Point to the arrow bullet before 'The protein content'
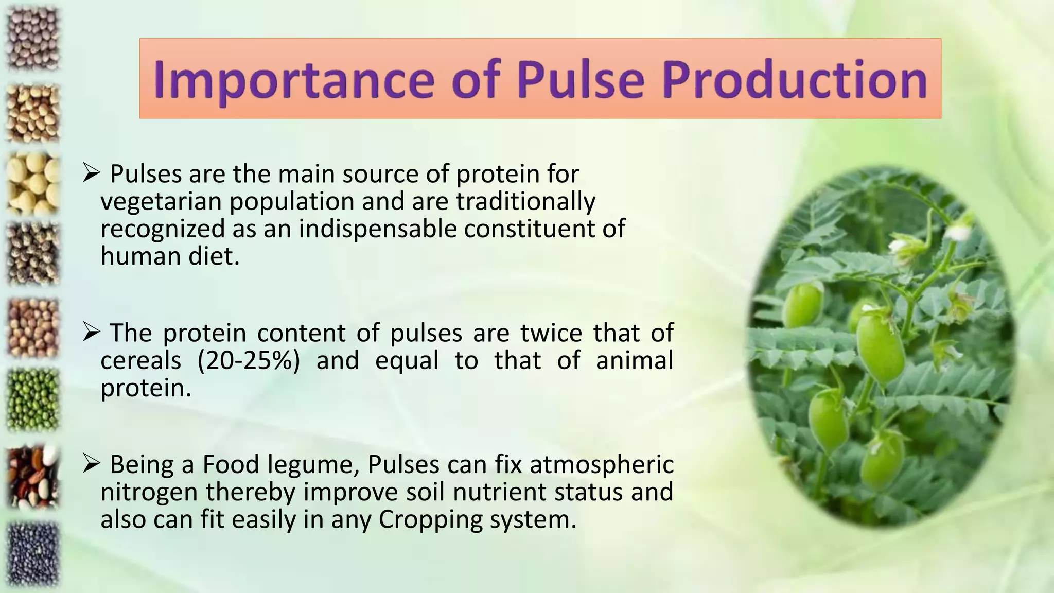tap(91, 333)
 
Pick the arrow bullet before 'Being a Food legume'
tap(91, 464)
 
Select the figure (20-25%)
tap(249, 360)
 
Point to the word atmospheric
tap(601, 464)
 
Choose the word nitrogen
tap(149, 492)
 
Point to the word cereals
tap(140, 360)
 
